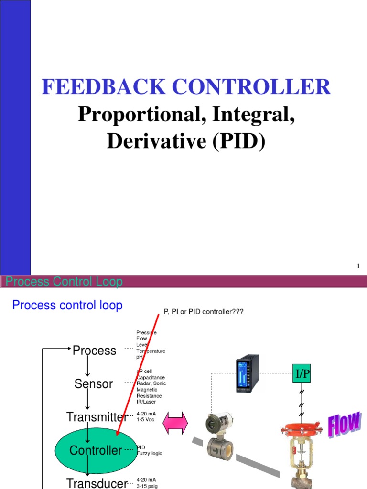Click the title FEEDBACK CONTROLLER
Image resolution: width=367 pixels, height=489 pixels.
pos(186,87)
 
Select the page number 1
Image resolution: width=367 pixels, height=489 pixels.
pos(358,266)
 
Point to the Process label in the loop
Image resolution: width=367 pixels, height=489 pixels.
pos(94,351)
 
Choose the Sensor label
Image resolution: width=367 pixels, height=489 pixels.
pos(94,383)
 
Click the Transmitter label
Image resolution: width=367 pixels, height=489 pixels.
pos(97,417)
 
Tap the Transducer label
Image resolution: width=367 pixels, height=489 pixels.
pos(97,483)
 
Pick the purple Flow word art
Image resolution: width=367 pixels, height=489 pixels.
pos(344,425)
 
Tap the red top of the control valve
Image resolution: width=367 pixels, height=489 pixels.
pos(302,428)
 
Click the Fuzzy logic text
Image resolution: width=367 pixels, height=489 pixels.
pos(149,453)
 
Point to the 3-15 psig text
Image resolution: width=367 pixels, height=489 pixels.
pos(146,486)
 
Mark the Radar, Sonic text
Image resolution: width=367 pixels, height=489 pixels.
pos(151,383)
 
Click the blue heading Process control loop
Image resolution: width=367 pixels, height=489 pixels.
pos(67,305)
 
